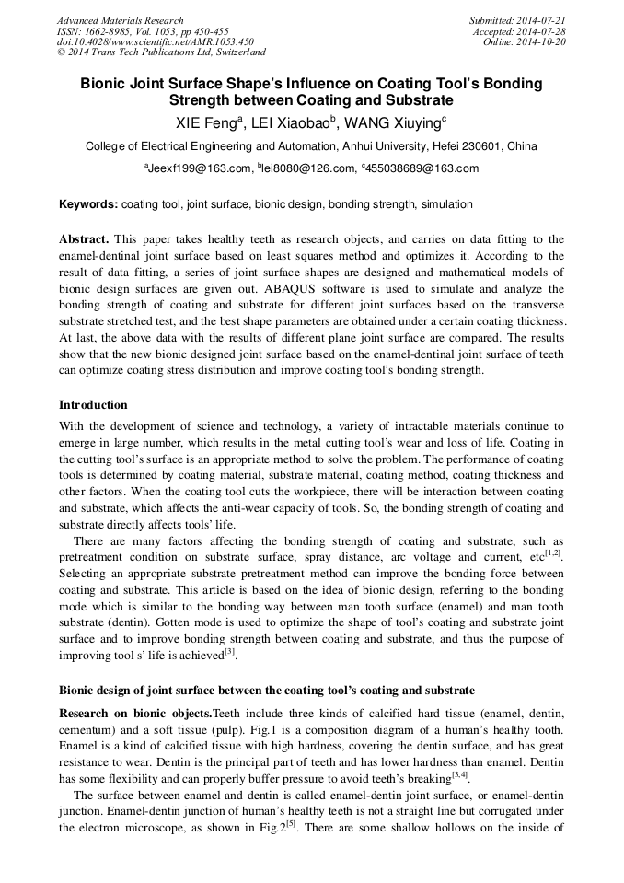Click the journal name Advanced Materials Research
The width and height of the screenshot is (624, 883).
coord(120,20)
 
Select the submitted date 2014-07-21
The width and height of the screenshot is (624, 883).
coord(543,20)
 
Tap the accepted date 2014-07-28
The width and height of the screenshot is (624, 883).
coord(543,31)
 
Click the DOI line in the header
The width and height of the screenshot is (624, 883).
coord(142,41)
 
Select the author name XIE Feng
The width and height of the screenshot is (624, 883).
coord(206,122)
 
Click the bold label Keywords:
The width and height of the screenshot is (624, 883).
coord(88,204)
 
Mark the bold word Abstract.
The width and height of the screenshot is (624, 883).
coord(85,238)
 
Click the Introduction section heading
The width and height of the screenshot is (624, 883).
coord(93,405)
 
